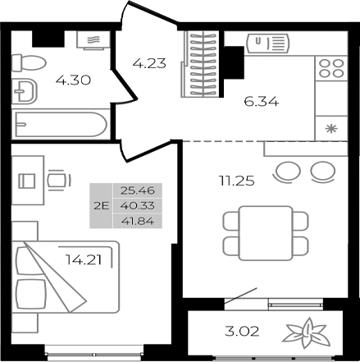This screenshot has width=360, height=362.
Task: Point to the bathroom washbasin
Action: coord(26,92)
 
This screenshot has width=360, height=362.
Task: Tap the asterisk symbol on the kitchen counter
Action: coord(331,129)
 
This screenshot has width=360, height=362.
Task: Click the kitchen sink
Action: coord(269,40)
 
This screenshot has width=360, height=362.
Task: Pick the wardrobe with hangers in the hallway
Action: coord(200,63)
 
